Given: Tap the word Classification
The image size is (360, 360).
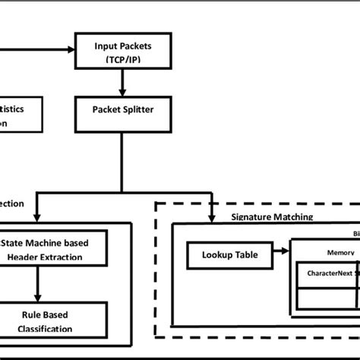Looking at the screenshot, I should (x=46, y=329).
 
